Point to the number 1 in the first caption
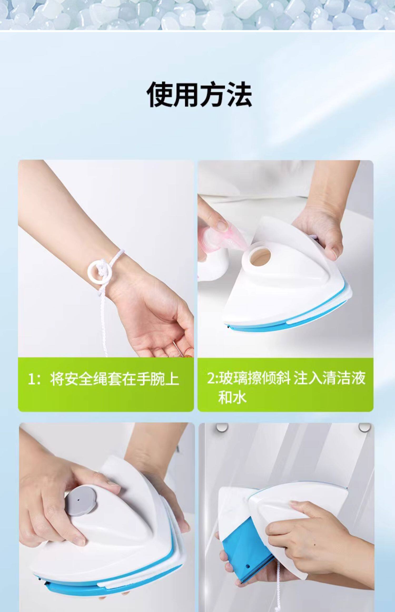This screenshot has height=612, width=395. (31, 380)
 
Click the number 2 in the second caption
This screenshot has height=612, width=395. (211, 378)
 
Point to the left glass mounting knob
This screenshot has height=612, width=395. (222, 428)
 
